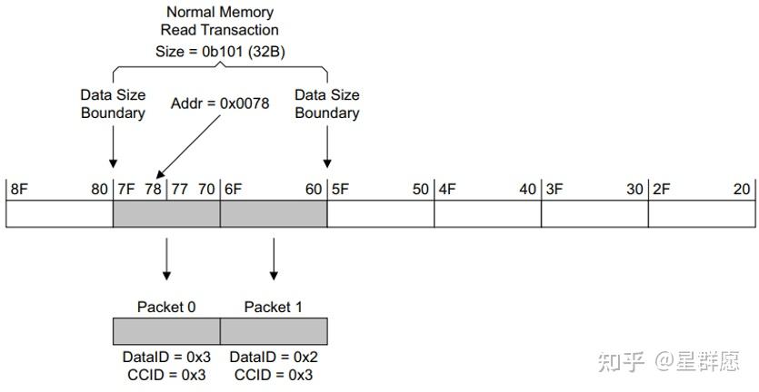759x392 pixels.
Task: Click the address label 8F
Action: point(18,190)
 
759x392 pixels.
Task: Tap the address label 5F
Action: point(340,190)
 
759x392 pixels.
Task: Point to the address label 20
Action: point(742,190)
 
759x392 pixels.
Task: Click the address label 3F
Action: point(554,190)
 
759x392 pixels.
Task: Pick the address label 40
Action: point(527,190)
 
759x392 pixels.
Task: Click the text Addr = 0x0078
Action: point(220,103)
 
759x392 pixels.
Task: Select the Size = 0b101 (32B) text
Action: point(219,51)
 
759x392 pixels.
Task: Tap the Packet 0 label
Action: point(166,307)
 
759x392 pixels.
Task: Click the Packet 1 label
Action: point(274,307)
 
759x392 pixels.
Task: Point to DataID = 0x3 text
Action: point(166,358)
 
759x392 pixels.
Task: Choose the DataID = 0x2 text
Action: point(274,358)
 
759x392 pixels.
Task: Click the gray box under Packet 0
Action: point(166,330)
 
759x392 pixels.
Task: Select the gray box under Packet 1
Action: point(274,330)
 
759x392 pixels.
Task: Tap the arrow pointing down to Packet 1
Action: point(274,260)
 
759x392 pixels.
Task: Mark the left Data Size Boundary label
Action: point(113,103)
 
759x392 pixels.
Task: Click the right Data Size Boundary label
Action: point(326,103)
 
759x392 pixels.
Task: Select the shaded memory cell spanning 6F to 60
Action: point(274,214)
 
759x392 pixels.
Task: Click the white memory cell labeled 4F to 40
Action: point(487,214)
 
